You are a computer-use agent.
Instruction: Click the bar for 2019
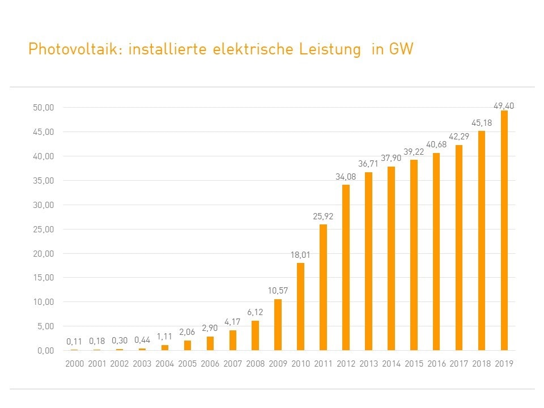click(x=504, y=230)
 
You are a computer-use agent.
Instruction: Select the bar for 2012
click(x=346, y=267)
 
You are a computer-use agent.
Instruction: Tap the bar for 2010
click(x=300, y=307)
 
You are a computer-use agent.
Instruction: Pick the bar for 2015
click(x=414, y=255)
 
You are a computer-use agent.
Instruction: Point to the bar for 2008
click(x=255, y=335)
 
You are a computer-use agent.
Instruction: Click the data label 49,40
click(x=504, y=105)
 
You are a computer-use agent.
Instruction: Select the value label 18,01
click(x=300, y=256)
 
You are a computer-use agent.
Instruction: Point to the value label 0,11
click(x=74, y=341)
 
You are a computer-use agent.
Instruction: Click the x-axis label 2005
click(x=187, y=364)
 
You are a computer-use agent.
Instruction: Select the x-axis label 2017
click(x=458, y=364)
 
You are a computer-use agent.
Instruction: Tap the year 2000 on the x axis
click(x=74, y=364)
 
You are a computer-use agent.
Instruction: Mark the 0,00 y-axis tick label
click(x=44, y=350)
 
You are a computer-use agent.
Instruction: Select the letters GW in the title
click(x=401, y=50)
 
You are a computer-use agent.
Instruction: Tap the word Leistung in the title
click(x=333, y=50)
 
